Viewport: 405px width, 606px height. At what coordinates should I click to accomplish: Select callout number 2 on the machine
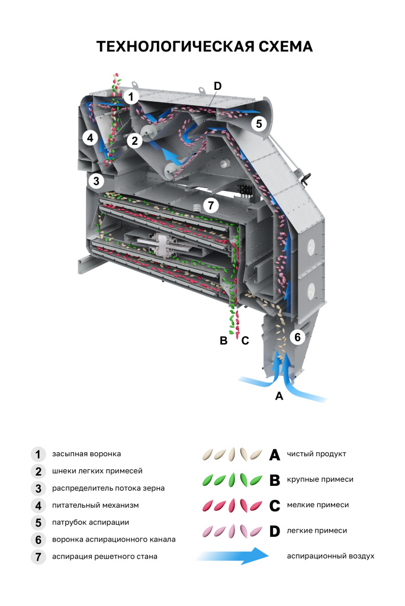coord(135,140)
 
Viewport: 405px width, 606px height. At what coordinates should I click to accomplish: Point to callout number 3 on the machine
coord(96,180)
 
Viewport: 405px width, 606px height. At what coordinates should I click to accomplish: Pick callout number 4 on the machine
coord(89,138)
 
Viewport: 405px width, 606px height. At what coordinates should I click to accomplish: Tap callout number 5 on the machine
coord(259,124)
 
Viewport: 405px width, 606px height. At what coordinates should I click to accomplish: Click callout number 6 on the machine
coord(298,337)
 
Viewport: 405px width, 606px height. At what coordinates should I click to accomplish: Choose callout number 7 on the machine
coord(211,205)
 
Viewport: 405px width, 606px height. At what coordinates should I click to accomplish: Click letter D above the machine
coord(217,86)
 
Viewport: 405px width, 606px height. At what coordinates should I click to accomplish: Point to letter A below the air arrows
coord(279,396)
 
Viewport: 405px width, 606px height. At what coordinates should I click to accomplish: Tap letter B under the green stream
coord(224,340)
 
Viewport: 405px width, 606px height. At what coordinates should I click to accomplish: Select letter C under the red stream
coord(245,340)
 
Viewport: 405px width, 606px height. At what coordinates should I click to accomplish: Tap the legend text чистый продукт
coord(316,454)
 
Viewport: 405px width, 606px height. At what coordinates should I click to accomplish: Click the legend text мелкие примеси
coord(317,505)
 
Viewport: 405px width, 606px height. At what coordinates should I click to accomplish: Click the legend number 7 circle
coord(38,556)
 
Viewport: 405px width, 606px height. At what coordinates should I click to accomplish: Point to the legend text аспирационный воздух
coord(330,556)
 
